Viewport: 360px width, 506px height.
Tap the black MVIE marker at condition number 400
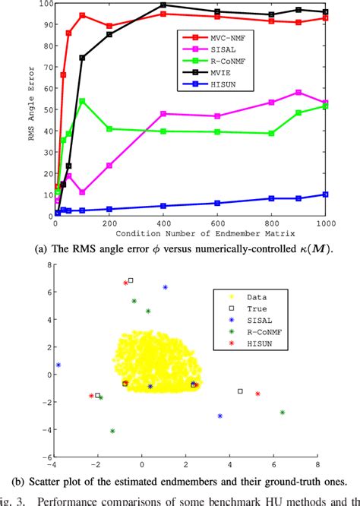tap(163, 5)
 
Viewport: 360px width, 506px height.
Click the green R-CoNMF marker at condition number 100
tap(82, 101)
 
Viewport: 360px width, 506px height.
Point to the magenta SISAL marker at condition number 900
tap(298, 93)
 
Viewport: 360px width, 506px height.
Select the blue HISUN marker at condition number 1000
tap(326, 194)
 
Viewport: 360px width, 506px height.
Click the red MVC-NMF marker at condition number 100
tap(82, 15)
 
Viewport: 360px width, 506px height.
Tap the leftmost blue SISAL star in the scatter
tap(58, 365)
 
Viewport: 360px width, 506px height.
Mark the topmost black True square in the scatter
tap(131, 280)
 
